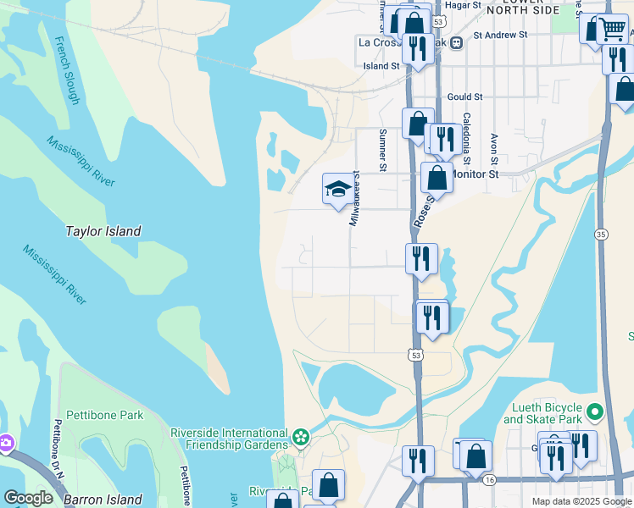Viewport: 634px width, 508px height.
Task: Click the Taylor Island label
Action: coord(103,231)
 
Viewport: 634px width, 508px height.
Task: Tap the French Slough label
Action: coord(66,70)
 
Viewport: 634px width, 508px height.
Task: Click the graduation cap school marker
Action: coord(337,189)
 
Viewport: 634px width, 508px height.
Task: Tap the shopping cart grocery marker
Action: coord(611,29)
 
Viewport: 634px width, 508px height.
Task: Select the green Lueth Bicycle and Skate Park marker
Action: coord(595,412)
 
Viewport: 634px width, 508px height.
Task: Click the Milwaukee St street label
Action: coord(356,199)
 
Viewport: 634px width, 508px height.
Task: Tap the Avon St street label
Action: coord(493,147)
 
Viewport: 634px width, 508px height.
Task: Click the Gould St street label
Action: coord(464,97)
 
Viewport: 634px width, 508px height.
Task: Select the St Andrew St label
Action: coord(500,36)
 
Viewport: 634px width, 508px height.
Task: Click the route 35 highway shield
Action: coord(601,234)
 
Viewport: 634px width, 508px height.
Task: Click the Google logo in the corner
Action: coord(28,498)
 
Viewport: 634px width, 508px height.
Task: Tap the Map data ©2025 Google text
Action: coord(581,501)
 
